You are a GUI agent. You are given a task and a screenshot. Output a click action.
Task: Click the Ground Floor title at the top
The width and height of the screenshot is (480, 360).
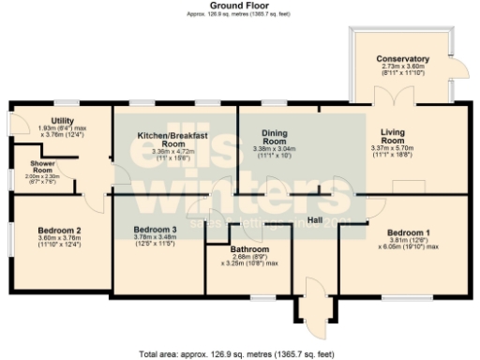pos(239,6)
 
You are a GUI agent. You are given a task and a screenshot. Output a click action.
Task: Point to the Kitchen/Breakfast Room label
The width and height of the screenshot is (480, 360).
pos(172,140)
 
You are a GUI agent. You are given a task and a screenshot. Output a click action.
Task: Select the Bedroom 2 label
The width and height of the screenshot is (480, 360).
pos(58,230)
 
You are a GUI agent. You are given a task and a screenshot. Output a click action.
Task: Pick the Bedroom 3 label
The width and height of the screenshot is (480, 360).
pos(155,230)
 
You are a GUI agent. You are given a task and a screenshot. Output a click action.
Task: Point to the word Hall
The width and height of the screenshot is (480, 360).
pos(315,218)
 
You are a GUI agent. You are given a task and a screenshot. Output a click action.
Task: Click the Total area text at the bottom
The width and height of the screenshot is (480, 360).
pos(239,354)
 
